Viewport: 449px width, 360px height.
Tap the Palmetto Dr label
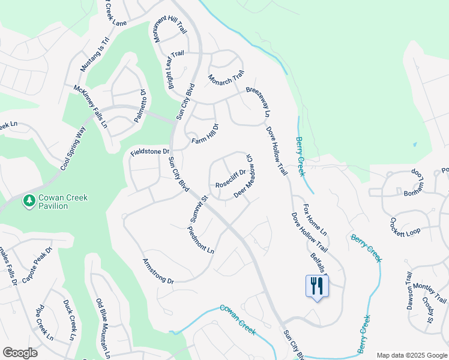tap(139, 106)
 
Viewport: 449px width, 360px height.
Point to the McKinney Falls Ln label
tap(90, 106)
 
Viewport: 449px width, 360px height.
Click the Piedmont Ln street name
tap(200, 240)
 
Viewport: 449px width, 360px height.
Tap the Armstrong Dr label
tap(158, 271)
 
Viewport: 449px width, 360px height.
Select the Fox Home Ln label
tap(315, 220)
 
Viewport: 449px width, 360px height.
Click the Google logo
tap(20, 352)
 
